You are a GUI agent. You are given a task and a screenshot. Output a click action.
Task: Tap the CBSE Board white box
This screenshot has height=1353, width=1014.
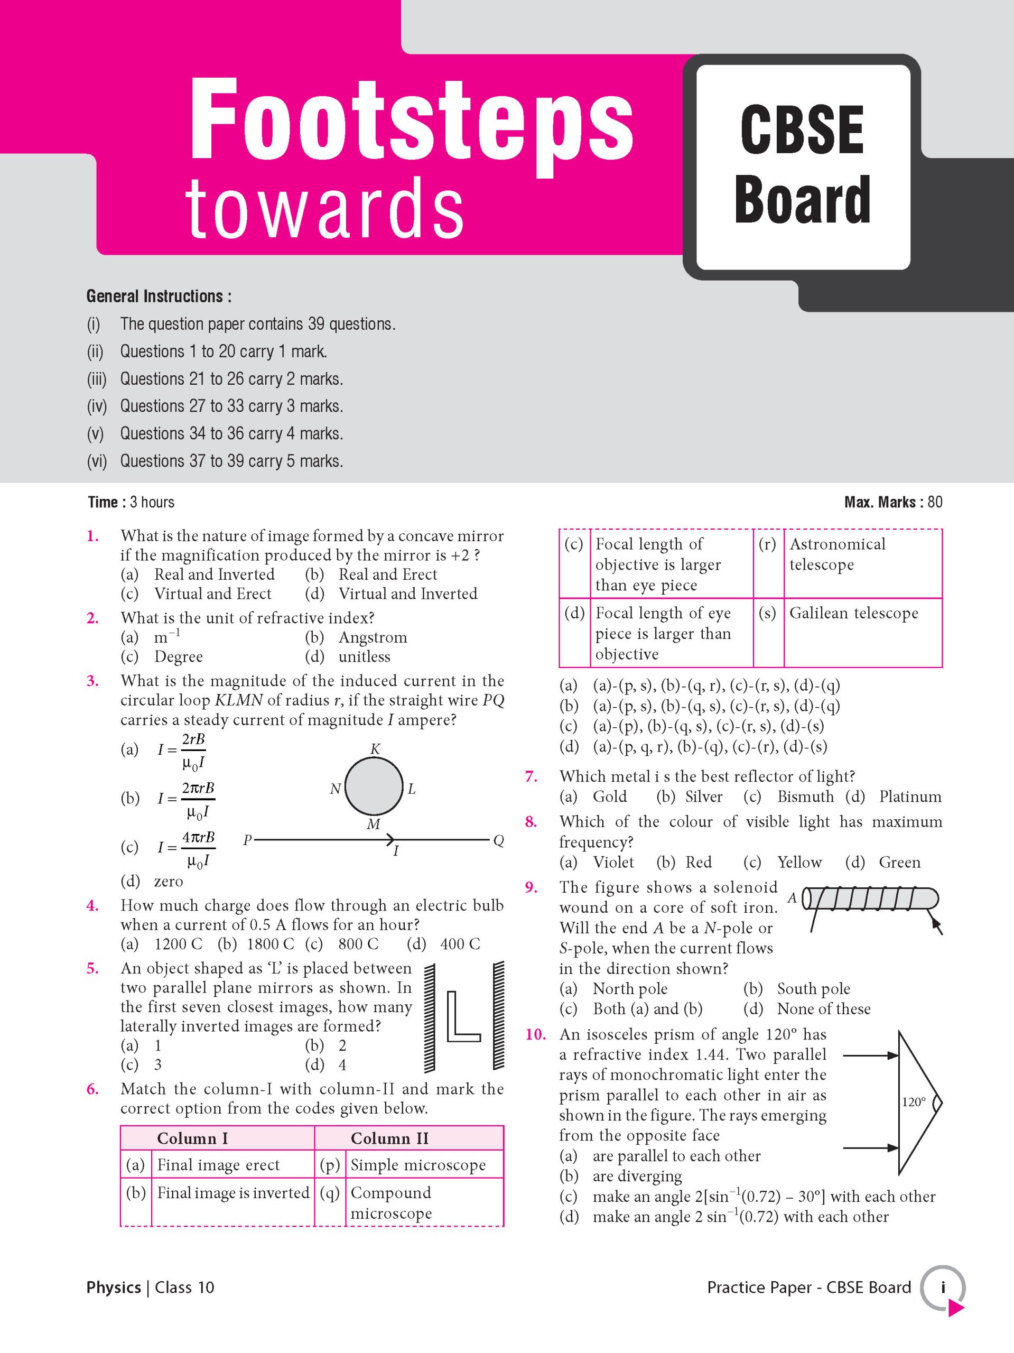803,166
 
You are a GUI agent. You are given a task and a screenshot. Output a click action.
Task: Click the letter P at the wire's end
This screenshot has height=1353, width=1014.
247,840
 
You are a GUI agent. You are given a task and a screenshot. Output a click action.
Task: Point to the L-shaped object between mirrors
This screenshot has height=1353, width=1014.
463,1016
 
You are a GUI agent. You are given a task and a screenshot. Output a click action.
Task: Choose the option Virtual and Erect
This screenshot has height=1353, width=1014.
212,594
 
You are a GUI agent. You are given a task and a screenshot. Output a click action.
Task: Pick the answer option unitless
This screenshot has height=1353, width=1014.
364,656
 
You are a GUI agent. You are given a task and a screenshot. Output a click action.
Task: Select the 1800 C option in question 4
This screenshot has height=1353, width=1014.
269,944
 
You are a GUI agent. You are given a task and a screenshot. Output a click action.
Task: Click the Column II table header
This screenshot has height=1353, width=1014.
389,1138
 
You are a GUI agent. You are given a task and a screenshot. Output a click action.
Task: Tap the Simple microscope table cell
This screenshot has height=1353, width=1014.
418,1165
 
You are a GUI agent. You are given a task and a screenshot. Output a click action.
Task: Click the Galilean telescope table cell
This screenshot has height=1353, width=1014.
853,613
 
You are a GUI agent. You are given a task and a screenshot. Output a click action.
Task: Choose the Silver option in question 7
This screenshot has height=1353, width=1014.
703,796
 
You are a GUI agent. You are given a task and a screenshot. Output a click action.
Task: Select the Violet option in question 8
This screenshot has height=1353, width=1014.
613,862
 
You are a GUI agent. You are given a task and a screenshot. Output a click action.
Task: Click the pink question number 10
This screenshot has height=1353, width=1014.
535,1034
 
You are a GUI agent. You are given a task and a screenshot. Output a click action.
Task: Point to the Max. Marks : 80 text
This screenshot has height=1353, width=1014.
893,502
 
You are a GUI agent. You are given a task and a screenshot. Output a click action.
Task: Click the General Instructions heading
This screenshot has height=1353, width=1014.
159,296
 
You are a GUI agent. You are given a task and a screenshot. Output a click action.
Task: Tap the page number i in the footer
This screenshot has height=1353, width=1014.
943,1287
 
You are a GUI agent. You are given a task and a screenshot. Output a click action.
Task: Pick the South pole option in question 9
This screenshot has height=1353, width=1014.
813,988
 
